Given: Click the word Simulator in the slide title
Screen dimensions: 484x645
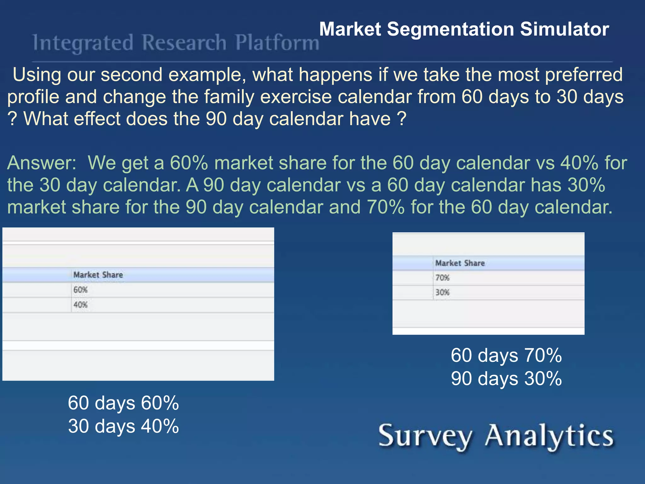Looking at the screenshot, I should pos(564,29).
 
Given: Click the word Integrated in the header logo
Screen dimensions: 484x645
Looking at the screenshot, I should pos(83,43).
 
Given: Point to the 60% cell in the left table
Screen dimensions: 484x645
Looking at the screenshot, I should pos(81,290).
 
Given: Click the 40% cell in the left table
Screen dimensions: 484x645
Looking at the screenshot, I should pos(81,305).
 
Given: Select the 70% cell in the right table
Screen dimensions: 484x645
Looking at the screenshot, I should pos(442,278).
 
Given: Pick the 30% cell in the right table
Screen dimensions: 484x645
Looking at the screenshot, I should pos(442,292).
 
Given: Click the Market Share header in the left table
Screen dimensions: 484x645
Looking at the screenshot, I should pos(98,275).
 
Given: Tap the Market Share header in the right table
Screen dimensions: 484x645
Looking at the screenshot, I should pos(460,263).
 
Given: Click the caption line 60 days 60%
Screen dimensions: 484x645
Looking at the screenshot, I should pos(123,403).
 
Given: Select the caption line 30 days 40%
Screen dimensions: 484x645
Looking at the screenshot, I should pos(123,426).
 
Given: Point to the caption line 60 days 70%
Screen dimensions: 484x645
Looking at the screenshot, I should pos(506,355).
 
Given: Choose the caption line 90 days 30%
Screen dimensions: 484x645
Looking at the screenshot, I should pos(506,378).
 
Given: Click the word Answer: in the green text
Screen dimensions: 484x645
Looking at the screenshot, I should pos(42,163).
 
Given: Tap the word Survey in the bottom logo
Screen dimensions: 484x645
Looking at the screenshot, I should pos(425,436).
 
